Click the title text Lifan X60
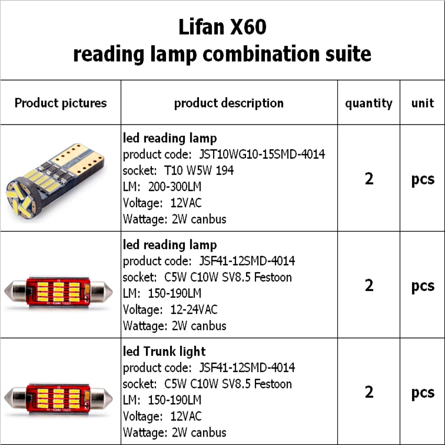222,27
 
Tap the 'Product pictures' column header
60,103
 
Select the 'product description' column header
229,103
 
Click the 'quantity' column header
369,103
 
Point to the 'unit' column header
422,103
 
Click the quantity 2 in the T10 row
369,179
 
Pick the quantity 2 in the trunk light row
369,392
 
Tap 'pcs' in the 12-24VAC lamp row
422,286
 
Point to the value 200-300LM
175,187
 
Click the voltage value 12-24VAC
194,309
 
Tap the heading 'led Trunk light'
164,351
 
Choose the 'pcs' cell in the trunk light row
422,393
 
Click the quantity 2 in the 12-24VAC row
369,285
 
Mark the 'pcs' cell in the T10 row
422,179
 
